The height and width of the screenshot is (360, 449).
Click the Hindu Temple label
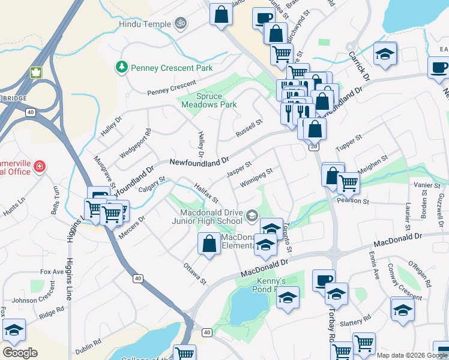[x=145, y=24]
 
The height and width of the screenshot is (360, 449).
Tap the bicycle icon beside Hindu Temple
[x=181, y=23]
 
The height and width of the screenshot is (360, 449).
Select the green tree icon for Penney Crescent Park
[x=122, y=66]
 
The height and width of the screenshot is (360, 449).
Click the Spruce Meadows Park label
[x=209, y=100]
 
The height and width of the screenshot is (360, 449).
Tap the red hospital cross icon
[x=40, y=166]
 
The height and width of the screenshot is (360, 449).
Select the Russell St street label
[x=250, y=128]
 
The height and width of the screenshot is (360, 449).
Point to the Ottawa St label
[x=194, y=273]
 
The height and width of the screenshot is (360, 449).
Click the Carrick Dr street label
[x=360, y=67]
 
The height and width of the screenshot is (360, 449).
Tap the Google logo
[x=20, y=352]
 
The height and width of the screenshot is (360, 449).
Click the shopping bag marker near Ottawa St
[x=209, y=244]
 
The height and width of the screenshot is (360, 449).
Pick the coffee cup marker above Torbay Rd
[x=324, y=280]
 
